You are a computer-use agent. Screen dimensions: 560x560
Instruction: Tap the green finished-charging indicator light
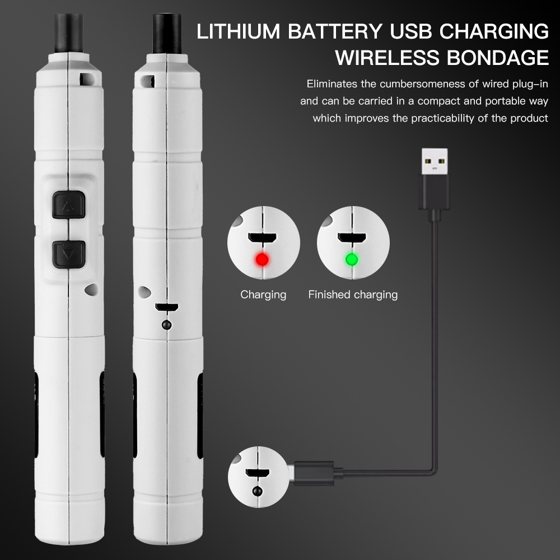click(351, 259)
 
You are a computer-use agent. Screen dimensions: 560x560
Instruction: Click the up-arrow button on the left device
click(68, 205)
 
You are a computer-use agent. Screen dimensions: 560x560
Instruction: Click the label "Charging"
click(263, 295)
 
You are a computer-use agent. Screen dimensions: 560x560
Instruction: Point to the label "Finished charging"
click(353, 295)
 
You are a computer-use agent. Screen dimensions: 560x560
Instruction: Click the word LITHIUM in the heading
click(239, 32)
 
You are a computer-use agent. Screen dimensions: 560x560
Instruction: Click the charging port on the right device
click(166, 307)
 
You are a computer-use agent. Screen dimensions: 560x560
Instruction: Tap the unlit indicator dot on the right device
click(166, 325)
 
